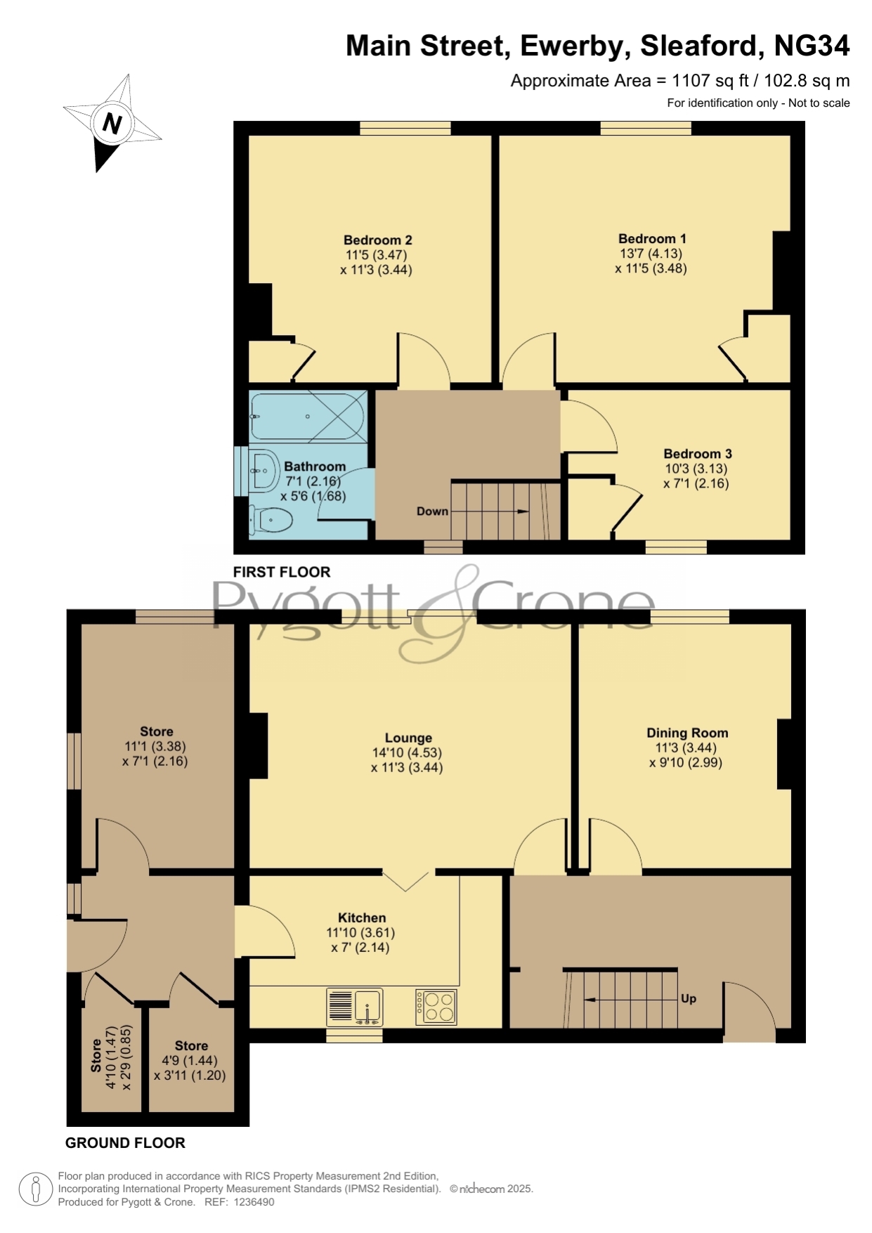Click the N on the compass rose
pos(111,124)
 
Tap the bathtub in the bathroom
pos(308,417)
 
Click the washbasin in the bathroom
pos(263,469)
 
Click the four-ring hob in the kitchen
pos(436,1007)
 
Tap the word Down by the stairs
pos(432,511)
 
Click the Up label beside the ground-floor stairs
pos(689,998)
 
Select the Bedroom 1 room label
pos(652,239)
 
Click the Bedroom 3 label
pos(698,454)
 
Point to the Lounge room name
pos(408,738)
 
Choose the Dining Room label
pos(687,733)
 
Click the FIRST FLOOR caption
pos(282,572)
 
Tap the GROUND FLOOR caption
pos(125,1143)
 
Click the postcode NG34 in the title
pos(812,46)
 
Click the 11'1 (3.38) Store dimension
pos(155,746)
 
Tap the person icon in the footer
pos(35,1189)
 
